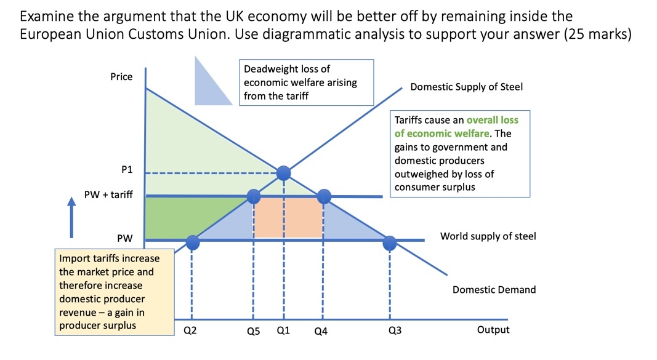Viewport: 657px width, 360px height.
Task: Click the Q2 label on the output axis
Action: pos(191,330)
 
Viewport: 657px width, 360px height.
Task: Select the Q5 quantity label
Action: pos(254,331)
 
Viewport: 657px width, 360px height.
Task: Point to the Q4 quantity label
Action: pos(321,331)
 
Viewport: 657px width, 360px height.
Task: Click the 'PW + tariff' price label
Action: pos(108,195)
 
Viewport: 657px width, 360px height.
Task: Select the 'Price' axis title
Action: pos(121,77)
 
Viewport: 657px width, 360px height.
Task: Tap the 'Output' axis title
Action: pos(493,330)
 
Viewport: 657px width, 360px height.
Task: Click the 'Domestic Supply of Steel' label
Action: pos(466,87)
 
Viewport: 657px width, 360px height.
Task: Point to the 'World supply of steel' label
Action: pos(488,236)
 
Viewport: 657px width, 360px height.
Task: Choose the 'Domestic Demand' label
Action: pos(494,289)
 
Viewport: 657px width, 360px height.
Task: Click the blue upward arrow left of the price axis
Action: pos(71,218)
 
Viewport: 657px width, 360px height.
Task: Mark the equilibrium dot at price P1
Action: pos(283,172)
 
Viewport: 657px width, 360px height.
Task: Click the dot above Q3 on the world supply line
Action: pos(390,243)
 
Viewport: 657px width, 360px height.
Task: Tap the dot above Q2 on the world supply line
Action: pos(192,243)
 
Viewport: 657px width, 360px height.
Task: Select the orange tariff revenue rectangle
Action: pos(289,217)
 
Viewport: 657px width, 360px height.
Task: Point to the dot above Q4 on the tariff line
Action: pos(324,196)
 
